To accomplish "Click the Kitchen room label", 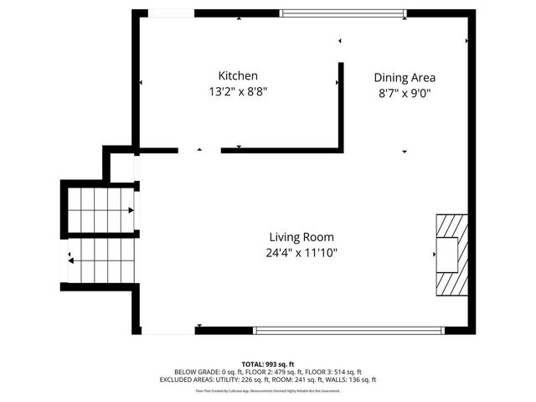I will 238,75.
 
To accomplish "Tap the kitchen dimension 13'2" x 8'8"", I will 238,92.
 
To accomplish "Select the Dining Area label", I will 405,77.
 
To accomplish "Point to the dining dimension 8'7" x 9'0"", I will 405,94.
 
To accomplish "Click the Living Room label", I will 302,236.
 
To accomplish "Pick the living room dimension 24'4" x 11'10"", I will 302,252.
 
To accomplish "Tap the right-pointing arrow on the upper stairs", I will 131,211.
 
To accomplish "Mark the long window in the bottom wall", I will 349,330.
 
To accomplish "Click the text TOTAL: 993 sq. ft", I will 268,363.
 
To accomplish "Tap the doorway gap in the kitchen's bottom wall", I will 199,151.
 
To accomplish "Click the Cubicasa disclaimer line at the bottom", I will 268,390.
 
